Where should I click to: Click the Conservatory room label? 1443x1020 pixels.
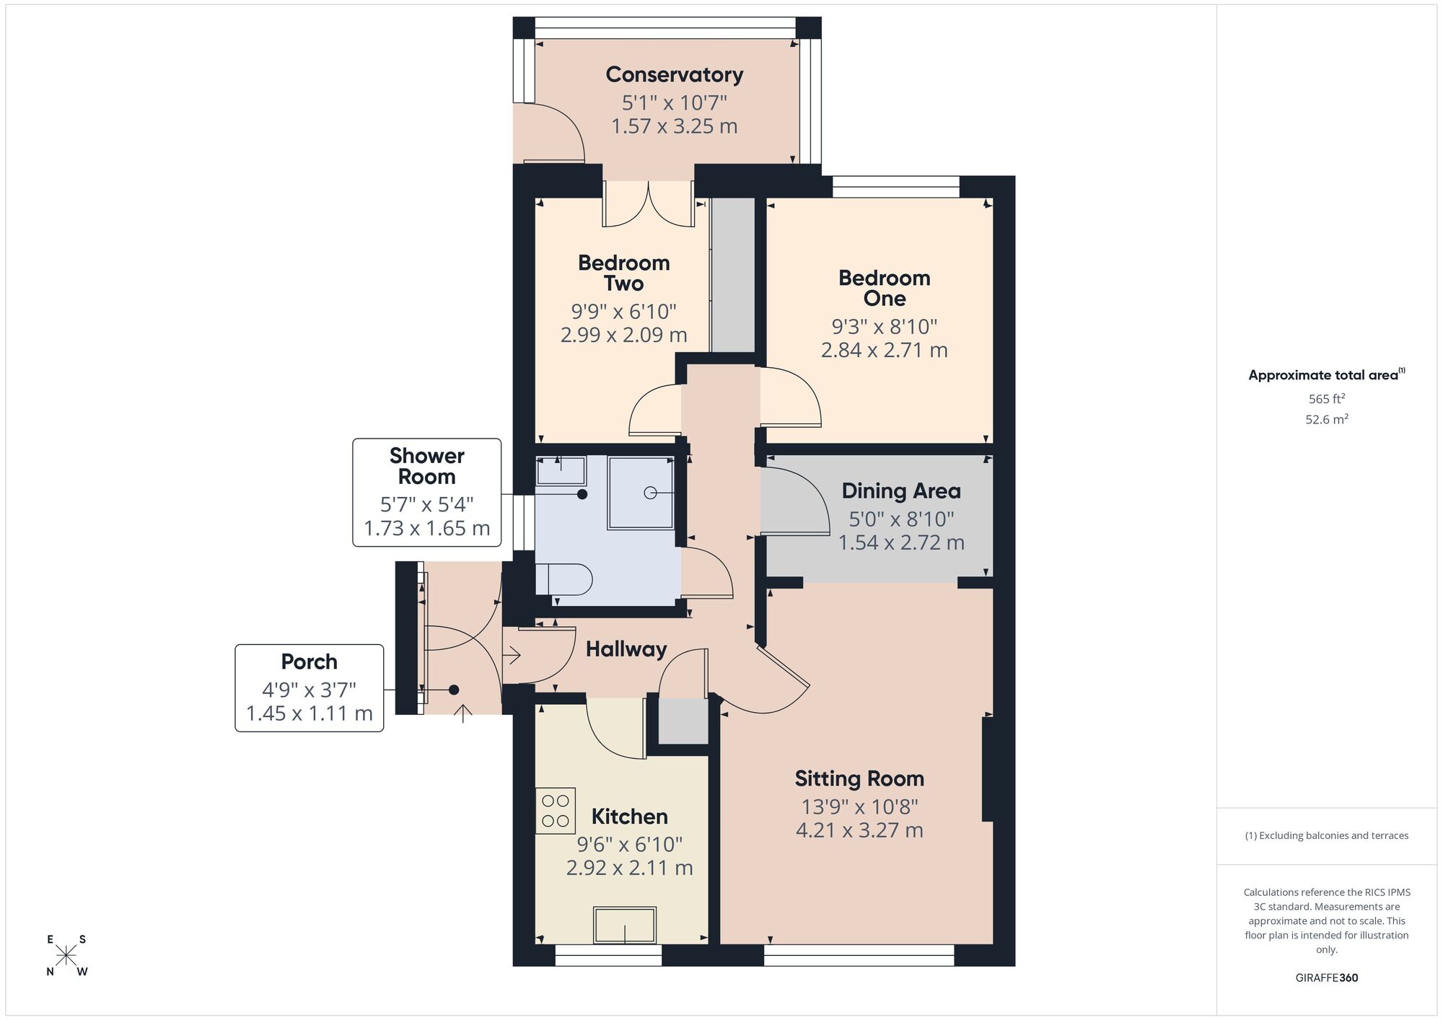click(x=674, y=74)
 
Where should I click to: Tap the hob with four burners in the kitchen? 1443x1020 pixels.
click(x=555, y=810)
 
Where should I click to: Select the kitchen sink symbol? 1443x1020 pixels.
click(x=624, y=925)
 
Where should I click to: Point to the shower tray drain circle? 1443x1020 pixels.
click(x=649, y=493)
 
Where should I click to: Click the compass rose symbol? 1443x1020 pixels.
click(x=66, y=956)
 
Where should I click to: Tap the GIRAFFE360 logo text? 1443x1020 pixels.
click(x=1326, y=977)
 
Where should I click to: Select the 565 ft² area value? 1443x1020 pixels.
click(x=1326, y=398)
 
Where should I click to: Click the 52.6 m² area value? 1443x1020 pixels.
click(x=1326, y=419)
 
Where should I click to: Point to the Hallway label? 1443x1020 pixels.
click(x=626, y=649)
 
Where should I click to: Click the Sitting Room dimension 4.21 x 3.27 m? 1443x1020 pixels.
click(x=859, y=830)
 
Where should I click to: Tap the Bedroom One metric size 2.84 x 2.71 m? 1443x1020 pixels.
click(x=884, y=350)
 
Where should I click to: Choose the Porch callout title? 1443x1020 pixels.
click(x=309, y=661)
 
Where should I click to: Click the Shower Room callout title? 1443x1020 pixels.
click(x=426, y=466)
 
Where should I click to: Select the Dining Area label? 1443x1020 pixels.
click(x=900, y=491)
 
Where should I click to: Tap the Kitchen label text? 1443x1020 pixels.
click(x=629, y=817)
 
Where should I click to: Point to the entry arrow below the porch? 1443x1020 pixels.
click(x=462, y=713)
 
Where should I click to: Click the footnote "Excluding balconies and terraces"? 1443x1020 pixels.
click(x=1326, y=835)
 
